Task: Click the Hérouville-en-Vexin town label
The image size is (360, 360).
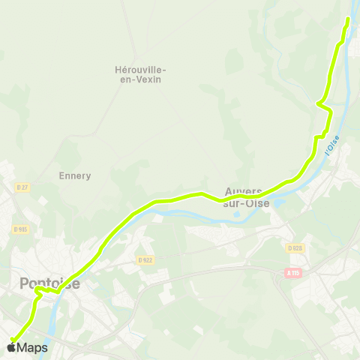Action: coord(140,74)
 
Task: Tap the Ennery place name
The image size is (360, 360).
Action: coord(74,176)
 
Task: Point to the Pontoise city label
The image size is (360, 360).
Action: coord(49,283)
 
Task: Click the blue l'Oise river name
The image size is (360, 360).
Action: coord(332,145)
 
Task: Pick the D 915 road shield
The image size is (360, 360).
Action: coord(20,229)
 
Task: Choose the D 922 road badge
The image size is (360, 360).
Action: coord(145,260)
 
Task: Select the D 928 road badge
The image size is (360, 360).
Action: coord(295,247)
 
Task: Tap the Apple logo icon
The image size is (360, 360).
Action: coord(11,347)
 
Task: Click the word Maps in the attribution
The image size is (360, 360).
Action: coord(32,347)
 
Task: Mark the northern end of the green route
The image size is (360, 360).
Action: coord(347,18)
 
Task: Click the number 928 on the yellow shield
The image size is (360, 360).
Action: coord(297,247)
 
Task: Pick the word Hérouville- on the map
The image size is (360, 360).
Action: coord(140,69)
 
